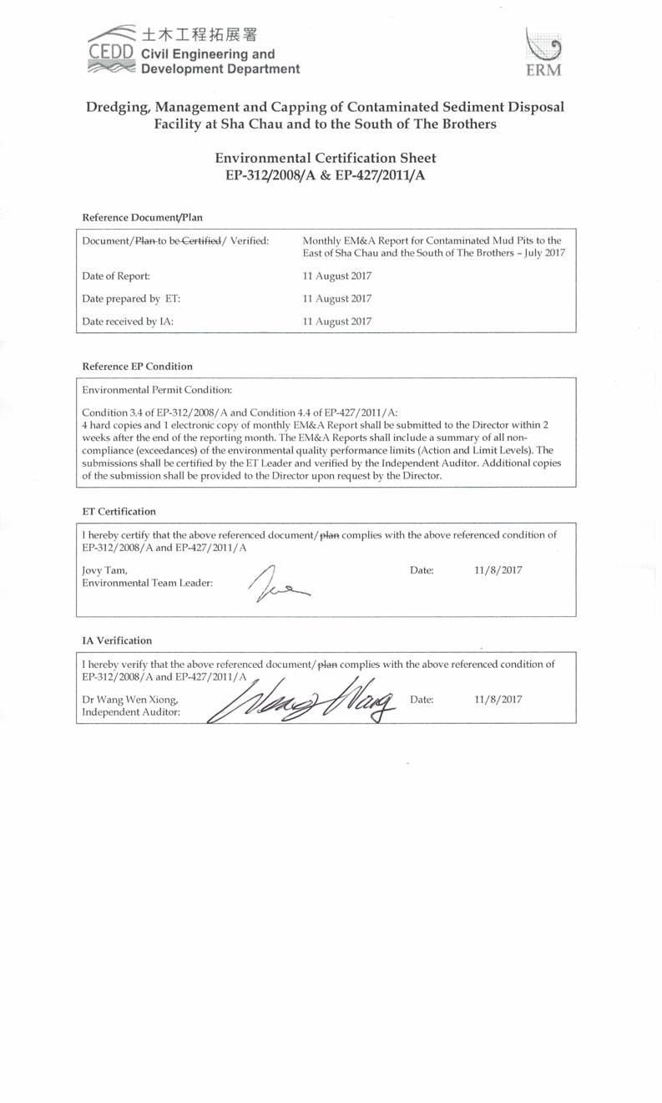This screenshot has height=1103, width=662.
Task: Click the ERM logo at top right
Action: point(543,52)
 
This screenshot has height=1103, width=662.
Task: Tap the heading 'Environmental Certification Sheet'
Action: point(326,158)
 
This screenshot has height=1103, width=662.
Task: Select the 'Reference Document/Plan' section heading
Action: point(142,217)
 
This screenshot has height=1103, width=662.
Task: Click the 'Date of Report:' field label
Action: point(116,276)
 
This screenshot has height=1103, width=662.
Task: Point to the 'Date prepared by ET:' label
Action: point(131,298)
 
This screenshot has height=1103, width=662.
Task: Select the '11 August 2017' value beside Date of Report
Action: point(337,276)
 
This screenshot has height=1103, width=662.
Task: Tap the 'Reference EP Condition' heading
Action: point(137,366)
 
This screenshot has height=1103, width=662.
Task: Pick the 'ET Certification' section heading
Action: point(119,511)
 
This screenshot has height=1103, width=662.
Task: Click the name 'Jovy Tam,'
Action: point(104,570)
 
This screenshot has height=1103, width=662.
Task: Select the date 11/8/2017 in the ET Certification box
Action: point(498,570)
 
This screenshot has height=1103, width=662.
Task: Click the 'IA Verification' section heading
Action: point(117,640)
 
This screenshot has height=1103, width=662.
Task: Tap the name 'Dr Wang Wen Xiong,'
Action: point(130,700)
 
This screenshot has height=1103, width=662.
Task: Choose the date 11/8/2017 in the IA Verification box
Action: point(498,700)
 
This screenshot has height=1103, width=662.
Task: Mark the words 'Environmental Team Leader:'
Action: point(147,583)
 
